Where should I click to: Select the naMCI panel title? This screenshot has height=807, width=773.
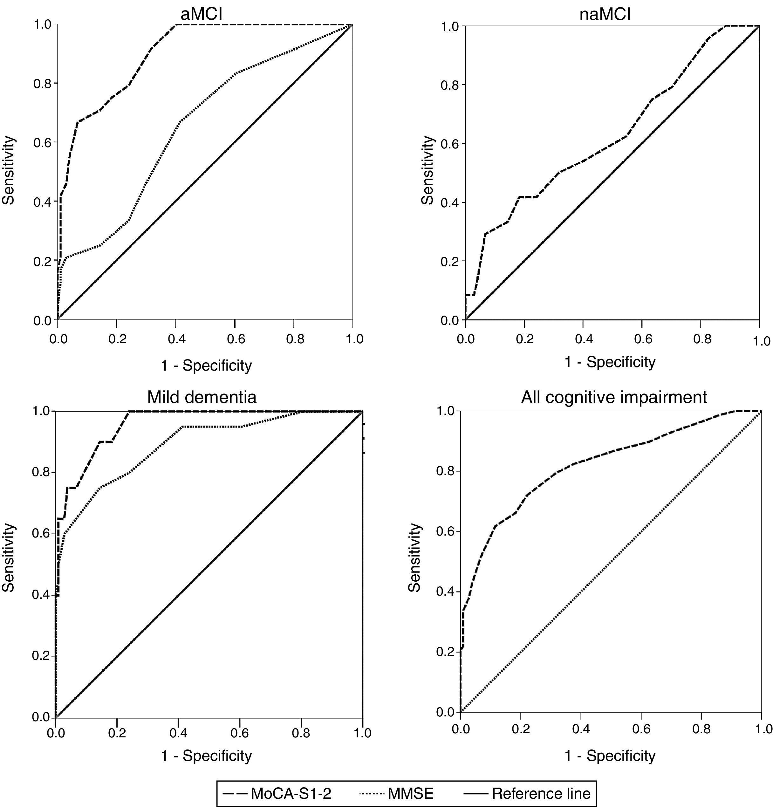coord(605,15)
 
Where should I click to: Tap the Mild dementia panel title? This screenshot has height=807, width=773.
coord(202,397)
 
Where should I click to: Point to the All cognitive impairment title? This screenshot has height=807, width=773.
coord(614,397)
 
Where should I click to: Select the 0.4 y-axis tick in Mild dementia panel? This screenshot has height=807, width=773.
coord(40,595)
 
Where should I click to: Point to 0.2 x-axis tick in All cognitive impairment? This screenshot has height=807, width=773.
coord(521,729)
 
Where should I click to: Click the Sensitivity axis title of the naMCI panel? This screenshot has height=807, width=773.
coord(428,170)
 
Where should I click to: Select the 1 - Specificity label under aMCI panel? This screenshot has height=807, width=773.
coord(206,365)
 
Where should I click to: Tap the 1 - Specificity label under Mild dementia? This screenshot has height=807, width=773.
coord(206,756)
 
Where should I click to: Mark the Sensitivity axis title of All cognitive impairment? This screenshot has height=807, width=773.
coord(415,558)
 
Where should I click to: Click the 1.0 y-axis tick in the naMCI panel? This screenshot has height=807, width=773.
coord(450,26)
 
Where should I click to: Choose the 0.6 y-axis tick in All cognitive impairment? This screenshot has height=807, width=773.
coord(445,531)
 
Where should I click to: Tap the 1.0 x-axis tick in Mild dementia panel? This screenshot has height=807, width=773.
coord(362,733)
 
